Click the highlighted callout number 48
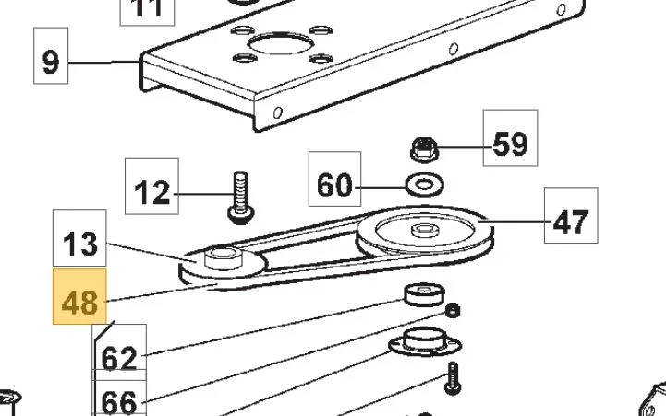pos(79,296)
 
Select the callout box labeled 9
pos(51,55)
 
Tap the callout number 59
pos(510,137)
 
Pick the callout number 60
pos(334,179)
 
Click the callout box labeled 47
pos(571,216)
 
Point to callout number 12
pos(151,186)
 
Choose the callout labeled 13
pos(79,238)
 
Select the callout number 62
pos(119,352)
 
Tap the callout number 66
pos(119,398)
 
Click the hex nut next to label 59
pos(422,149)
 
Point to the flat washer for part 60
pos(425,184)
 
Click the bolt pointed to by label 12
pos(241,197)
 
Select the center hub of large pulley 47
pos(423,231)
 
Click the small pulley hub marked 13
pos(223,258)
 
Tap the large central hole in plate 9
pos(281,42)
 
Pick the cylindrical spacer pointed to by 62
pos(424,295)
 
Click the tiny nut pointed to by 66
pos(453,311)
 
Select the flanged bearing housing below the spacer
pos(425,342)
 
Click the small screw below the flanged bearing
pos(452,377)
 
